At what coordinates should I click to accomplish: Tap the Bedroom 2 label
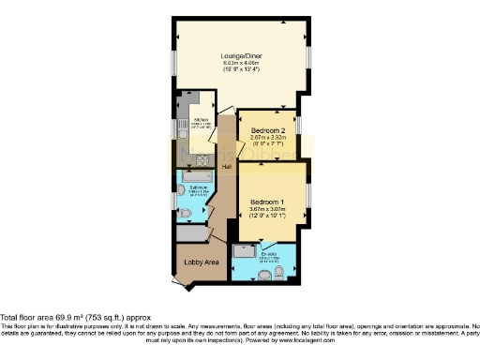click(x=267, y=130)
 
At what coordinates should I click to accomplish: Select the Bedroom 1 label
click(x=267, y=202)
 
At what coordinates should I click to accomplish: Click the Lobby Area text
click(x=201, y=262)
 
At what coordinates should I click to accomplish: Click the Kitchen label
click(x=200, y=120)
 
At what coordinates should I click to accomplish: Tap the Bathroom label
click(x=198, y=188)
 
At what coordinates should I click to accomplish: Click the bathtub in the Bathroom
click(x=197, y=175)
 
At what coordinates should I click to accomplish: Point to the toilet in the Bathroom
click(x=185, y=214)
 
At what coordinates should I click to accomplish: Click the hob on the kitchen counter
click(x=202, y=158)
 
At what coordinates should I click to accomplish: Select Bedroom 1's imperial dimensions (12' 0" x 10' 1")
click(x=267, y=217)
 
